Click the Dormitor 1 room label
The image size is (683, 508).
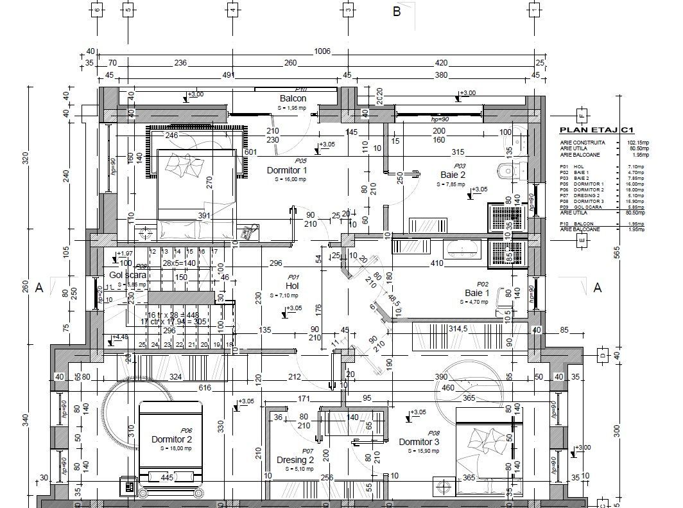tap(287, 170)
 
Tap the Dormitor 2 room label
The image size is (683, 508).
tap(171, 439)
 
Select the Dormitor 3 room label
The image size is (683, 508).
tap(419, 442)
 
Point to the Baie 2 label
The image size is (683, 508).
tap(453, 175)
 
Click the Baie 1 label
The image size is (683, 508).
tap(477, 293)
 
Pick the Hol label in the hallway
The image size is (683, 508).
tap(293, 286)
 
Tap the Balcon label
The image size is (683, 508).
tap(293, 99)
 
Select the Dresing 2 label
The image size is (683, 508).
tap(295, 460)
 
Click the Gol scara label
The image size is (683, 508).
tap(127, 275)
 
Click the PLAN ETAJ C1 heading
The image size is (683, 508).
tap(597, 130)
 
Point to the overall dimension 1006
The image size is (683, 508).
tap(322, 51)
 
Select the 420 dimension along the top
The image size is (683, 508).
tap(441, 63)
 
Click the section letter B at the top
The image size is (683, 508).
tap(397, 12)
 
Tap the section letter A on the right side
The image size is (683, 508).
tap(598, 288)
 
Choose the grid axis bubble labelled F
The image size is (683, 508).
tap(582, 116)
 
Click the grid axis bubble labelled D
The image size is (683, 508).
tap(602, 355)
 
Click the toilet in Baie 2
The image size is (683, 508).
tap(507, 170)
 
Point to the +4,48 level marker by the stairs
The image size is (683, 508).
tap(119, 337)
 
